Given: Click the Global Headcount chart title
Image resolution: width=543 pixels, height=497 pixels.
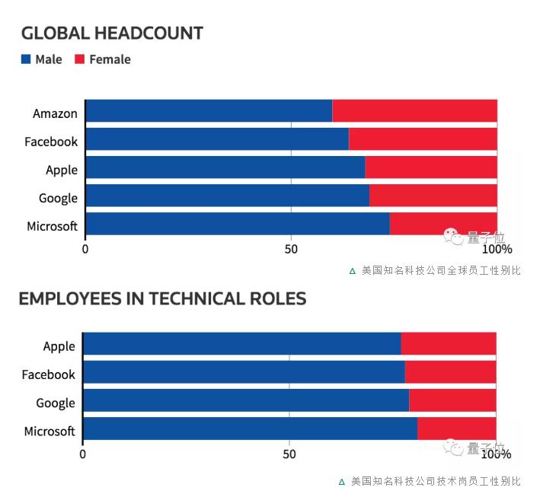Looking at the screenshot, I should (112, 33).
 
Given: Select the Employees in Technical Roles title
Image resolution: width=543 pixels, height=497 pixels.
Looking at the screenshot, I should (162, 298).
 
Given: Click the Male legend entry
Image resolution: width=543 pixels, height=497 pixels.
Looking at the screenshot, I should (42, 59).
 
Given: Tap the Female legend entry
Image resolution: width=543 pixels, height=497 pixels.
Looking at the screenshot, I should (103, 59).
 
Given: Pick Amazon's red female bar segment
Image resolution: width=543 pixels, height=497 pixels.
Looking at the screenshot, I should (414, 111).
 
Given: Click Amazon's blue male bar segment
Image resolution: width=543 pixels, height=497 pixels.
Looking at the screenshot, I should (209, 111).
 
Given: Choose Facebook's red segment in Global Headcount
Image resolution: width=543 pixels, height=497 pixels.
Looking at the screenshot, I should (423, 139).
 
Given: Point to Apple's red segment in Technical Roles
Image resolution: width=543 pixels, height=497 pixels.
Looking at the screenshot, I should (449, 344).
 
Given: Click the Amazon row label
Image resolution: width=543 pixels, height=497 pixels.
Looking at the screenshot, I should (55, 113).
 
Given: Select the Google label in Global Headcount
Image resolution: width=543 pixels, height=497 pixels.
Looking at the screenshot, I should (58, 198).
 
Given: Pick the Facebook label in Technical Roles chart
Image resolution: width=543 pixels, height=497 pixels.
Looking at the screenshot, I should (48, 374).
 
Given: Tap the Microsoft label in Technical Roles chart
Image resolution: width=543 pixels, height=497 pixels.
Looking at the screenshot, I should (50, 432).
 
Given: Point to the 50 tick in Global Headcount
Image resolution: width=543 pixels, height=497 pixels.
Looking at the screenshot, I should (290, 249).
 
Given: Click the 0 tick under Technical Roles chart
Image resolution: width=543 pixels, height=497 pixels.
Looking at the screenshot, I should (82, 454).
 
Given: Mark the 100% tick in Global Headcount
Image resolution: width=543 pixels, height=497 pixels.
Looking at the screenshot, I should (497, 249).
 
